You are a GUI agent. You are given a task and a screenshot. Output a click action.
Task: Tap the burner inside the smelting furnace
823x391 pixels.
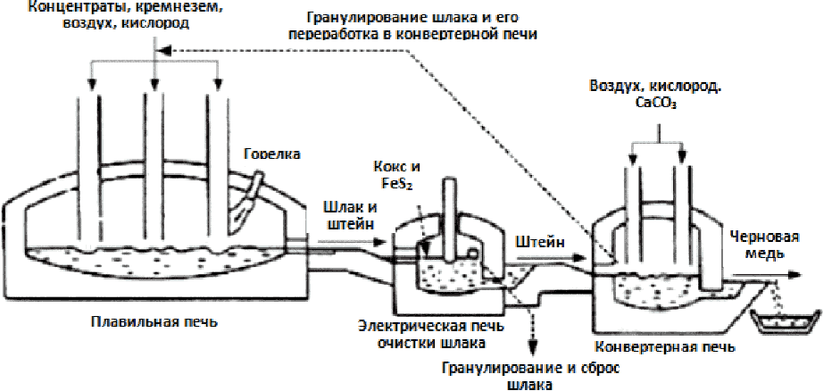[249, 200]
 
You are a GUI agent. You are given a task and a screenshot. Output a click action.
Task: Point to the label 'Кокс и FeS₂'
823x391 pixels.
[398, 175]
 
